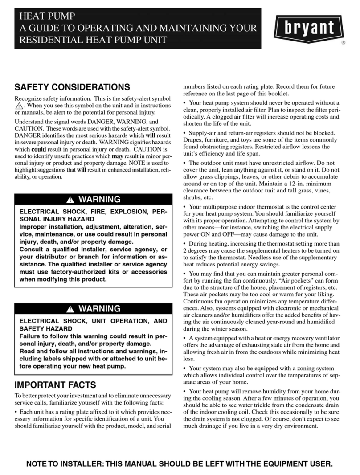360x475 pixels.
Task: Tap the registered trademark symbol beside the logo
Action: (x=344, y=44)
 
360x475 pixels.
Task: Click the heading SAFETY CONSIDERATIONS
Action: (x=72, y=87)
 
